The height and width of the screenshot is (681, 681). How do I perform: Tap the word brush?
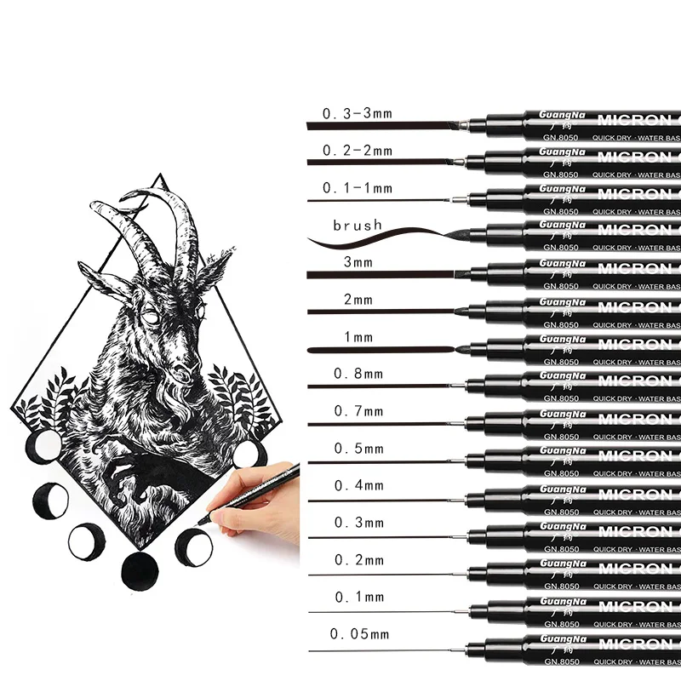[x=358, y=226]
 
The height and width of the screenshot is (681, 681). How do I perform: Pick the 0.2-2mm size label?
[x=357, y=151]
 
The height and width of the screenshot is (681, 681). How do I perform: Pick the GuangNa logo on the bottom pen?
[x=558, y=636]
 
